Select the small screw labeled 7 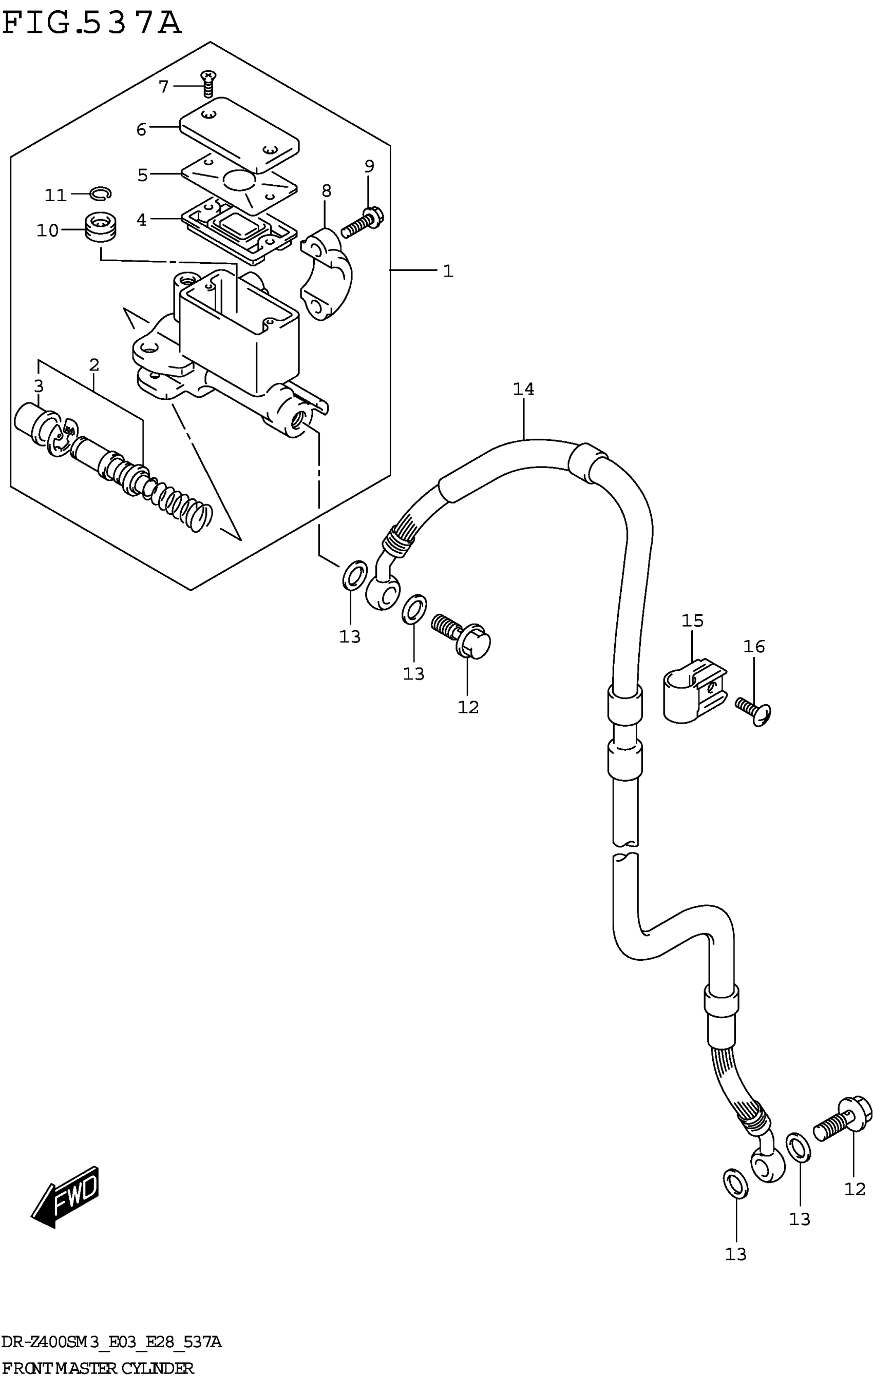click(x=208, y=84)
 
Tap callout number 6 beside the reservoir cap click(x=141, y=129)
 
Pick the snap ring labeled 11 click(x=101, y=194)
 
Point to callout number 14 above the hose click(x=523, y=389)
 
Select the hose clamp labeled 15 click(x=694, y=692)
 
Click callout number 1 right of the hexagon click(x=448, y=271)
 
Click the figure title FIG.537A click(x=91, y=24)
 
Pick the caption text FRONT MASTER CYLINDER click(x=98, y=1369)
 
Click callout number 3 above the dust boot click(x=39, y=386)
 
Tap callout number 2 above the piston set click(x=94, y=364)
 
